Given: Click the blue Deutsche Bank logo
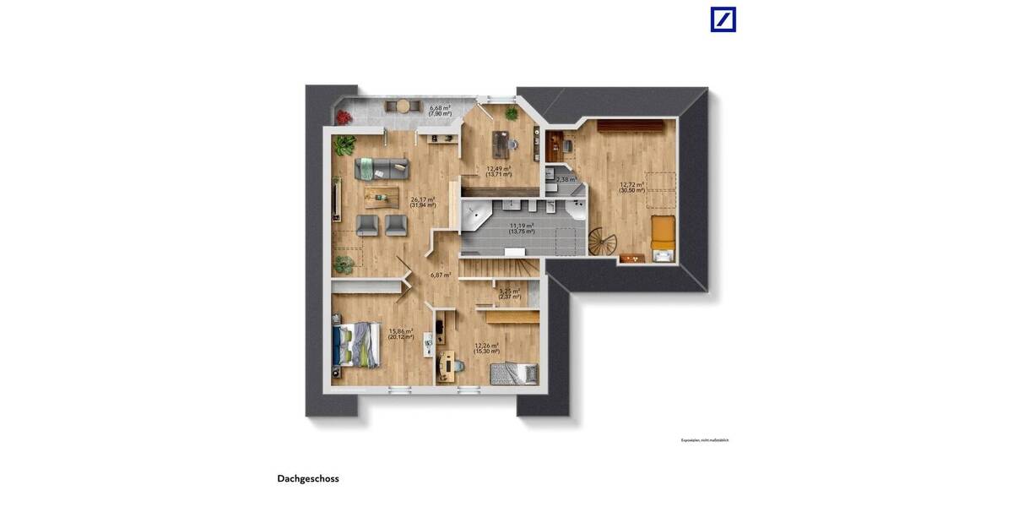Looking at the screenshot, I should pyautogui.click(x=723, y=19).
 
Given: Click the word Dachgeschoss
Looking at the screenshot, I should pyautogui.click(x=308, y=478).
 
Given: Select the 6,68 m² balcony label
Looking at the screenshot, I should pyautogui.click(x=440, y=108).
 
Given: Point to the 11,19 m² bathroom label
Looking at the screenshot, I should pyautogui.click(x=522, y=226).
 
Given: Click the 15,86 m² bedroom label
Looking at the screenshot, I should pyautogui.click(x=401, y=331).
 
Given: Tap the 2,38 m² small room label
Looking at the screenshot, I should pyautogui.click(x=565, y=179).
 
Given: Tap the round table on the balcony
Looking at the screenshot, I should pyautogui.click(x=404, y=106).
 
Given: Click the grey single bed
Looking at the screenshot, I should pyautogui.click(x=513, y=372).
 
